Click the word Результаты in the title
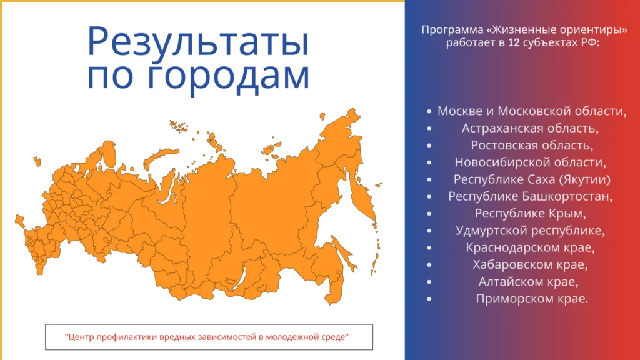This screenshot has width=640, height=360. [x=198, y=41]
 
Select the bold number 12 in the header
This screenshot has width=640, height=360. [x=514, y=42]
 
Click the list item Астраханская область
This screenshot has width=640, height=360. [x=530, y=128]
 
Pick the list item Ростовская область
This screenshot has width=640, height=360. [x=532, y=145]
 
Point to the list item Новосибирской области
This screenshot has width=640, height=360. [x=530, y=162]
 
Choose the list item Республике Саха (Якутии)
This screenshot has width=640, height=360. [x=532, y=179]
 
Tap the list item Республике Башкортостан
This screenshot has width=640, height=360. [x=530, y=197]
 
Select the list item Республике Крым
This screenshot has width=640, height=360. [x=530, y=214]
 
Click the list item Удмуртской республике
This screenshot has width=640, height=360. [x=530, y=231]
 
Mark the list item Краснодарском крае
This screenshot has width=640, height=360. [x=530, y=247]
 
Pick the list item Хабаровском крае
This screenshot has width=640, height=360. [x=530, y=265]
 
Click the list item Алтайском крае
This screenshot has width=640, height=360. [x=528, y=282]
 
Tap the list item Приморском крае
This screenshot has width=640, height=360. [x=532, y=299]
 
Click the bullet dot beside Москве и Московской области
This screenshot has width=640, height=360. [x=429, y=111]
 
